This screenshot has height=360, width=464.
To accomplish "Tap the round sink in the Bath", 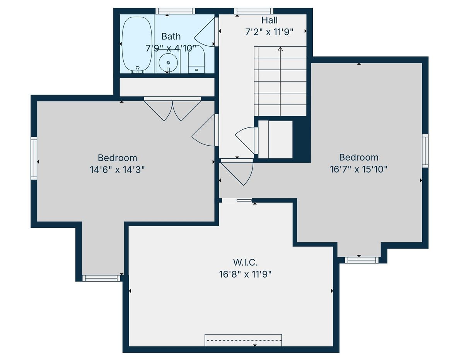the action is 168,63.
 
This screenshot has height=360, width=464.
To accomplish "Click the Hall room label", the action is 270,20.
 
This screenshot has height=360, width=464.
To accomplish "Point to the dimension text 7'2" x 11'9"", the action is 269,32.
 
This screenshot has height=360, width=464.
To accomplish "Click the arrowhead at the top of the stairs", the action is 280,49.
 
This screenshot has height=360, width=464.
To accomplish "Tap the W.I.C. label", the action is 246,262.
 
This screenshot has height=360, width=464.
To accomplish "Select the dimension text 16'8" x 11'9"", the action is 246,274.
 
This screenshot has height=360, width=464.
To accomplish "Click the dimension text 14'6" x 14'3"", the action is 117,170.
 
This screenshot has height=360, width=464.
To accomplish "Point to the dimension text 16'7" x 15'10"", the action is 358,169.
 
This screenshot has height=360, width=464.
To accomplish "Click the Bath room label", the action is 171,36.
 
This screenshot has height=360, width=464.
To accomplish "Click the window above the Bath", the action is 175,11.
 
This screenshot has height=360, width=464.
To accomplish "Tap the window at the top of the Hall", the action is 254,11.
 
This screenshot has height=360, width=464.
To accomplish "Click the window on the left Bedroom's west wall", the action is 34,158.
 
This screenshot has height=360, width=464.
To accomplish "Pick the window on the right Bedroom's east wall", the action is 425,151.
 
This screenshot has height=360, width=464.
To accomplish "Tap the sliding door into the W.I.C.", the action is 237,200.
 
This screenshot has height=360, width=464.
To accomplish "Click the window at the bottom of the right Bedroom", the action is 362,260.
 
